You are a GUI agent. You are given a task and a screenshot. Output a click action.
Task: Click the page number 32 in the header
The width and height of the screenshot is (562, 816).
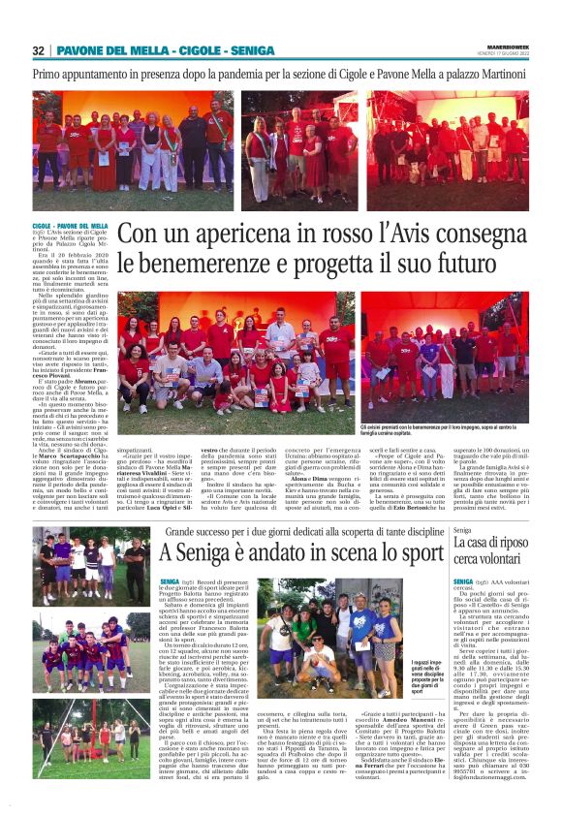39,50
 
